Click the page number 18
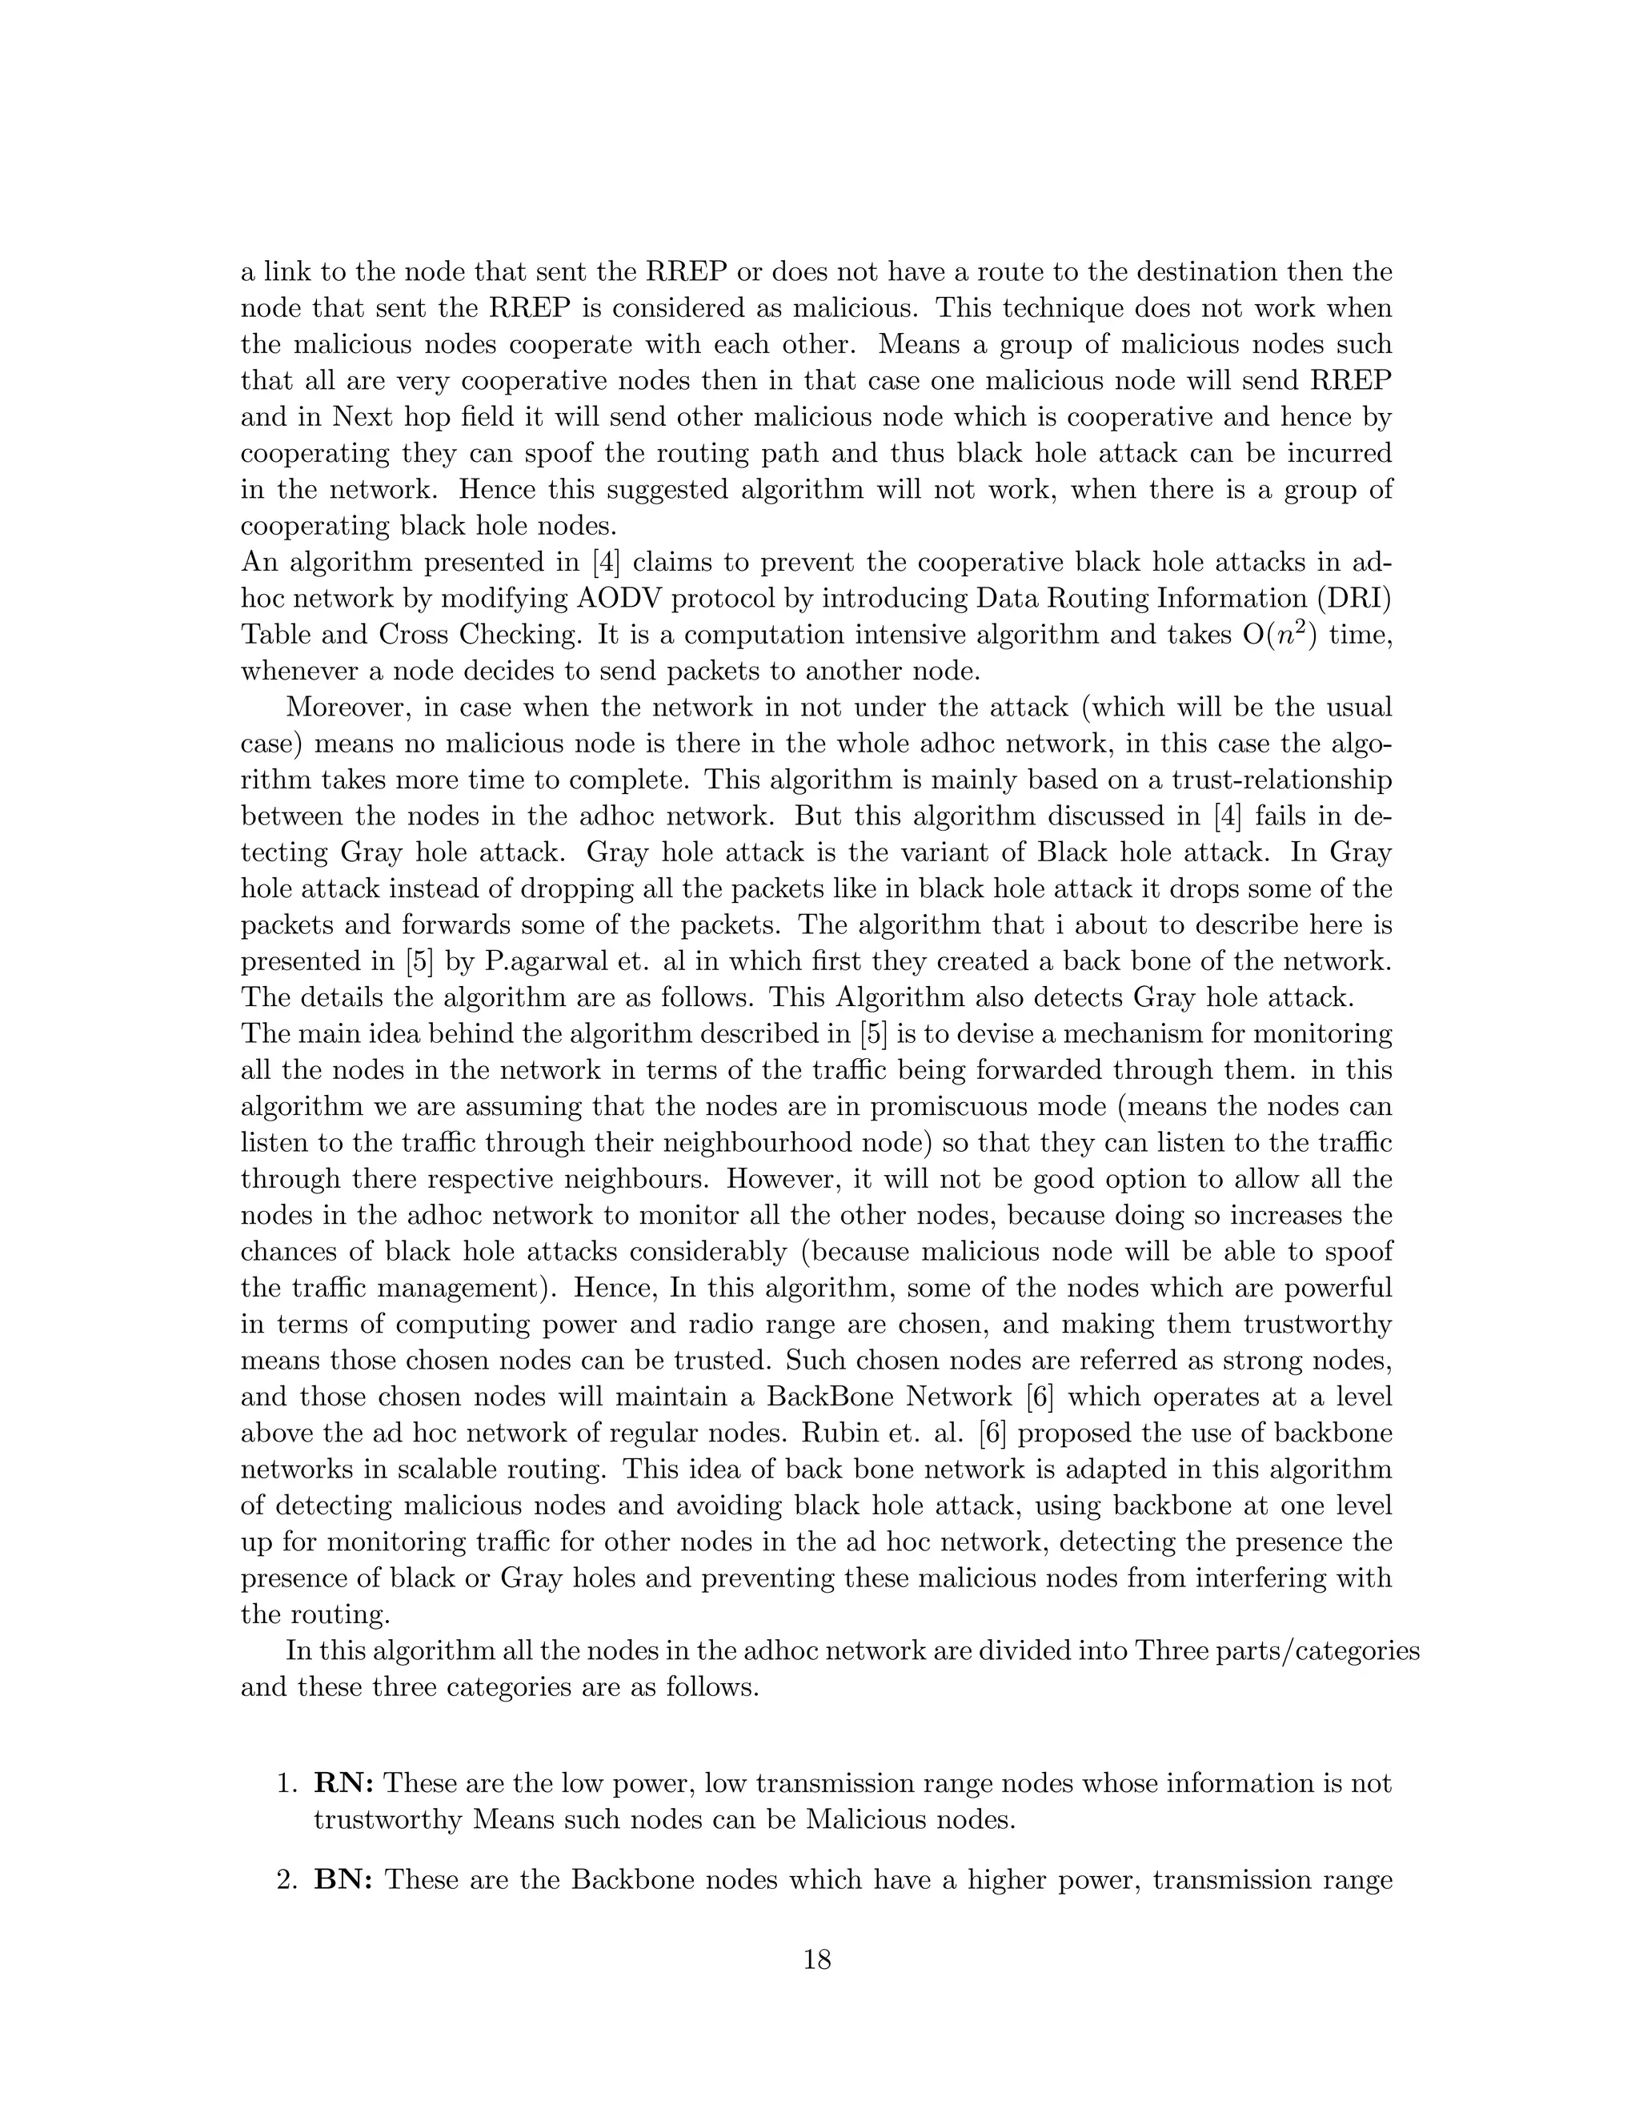(x=818, y=1961)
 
